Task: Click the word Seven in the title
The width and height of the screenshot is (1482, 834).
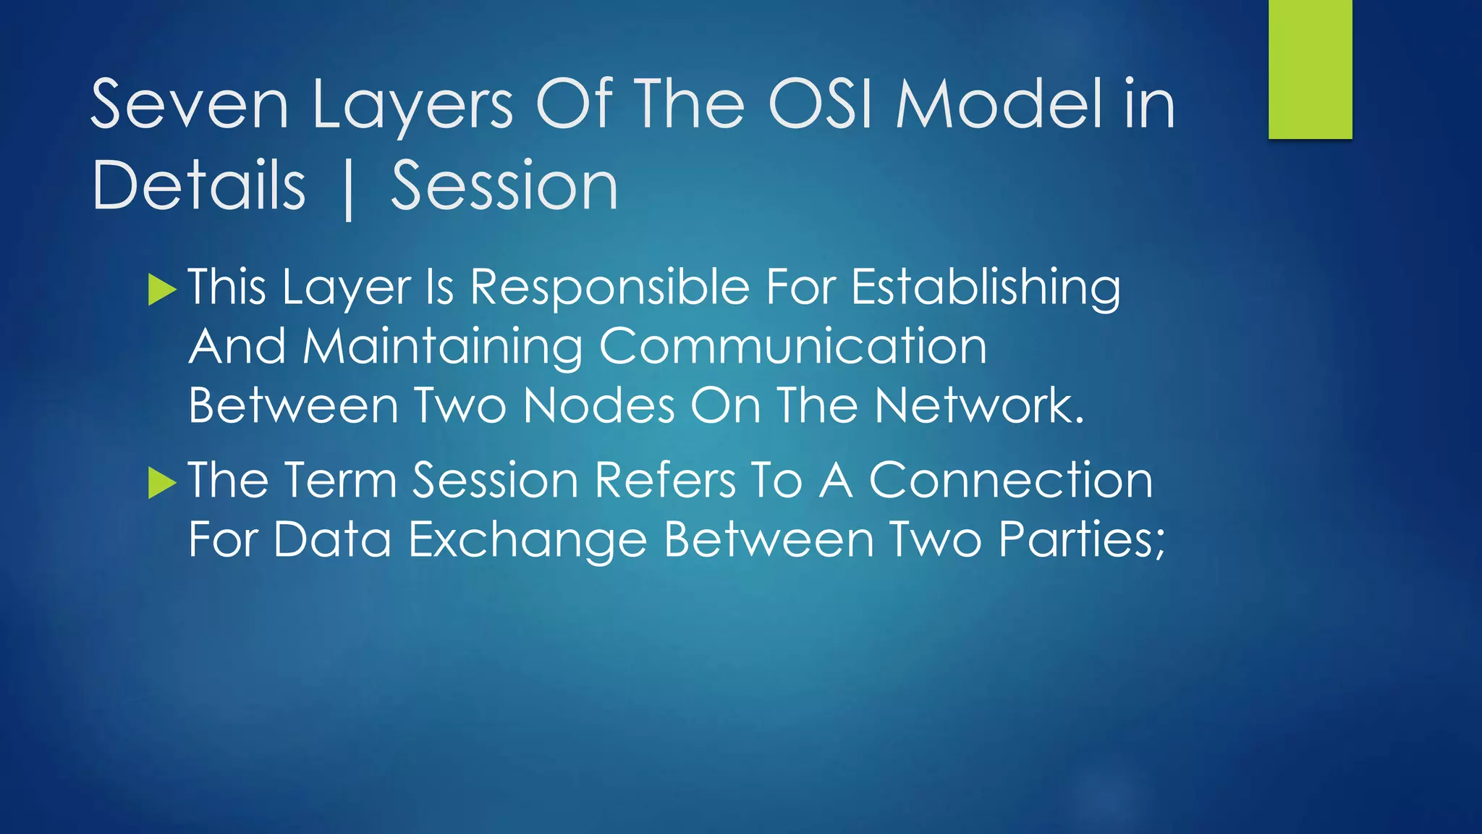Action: pos(190,105)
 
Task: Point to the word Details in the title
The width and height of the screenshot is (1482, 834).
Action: pos(199,186)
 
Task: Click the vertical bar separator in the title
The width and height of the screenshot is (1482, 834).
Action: pos(349,190)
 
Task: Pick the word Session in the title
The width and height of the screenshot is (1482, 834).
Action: pos(504,186)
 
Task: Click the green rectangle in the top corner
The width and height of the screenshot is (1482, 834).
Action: pos(1310,69)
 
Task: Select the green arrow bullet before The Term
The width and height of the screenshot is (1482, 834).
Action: pos(162,483)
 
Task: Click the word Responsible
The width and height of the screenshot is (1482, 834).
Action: pos(610,287)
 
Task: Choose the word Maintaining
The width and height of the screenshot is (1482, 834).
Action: pos(443,347)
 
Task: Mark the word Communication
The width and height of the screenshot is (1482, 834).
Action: pos(793,347)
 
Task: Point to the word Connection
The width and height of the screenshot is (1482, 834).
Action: pos(1010,481)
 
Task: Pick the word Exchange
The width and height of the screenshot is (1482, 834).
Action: pos(528,540)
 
